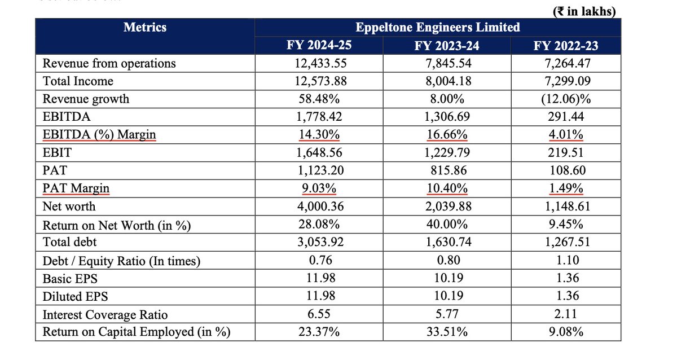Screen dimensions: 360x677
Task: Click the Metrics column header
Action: coord(145,27)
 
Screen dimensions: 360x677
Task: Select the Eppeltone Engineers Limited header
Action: coord(438,27)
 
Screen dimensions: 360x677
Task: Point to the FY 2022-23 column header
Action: coord(566,46)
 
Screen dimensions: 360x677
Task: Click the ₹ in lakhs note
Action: coord(583,10)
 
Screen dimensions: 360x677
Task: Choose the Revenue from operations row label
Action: coord(109,63)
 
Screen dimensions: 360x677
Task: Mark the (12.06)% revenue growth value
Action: coord(566,99)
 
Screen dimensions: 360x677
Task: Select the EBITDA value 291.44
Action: coord(566,117)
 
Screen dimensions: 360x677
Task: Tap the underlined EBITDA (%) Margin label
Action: coord(99,135)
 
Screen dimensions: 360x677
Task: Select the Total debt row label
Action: coord(70,242)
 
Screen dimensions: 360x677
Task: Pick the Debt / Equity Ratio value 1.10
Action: coord(566,261)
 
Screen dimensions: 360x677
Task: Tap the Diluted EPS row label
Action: coord(75,296)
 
